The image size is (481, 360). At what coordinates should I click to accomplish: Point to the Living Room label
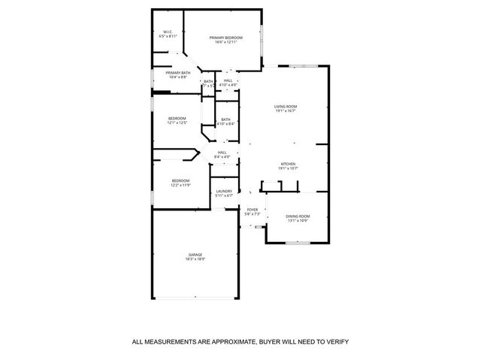point(286,107)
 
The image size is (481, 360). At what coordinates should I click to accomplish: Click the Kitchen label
point(288,164)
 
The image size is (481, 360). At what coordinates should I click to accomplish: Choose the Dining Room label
point(298,216)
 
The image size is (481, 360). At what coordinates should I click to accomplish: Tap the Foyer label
point(253,210)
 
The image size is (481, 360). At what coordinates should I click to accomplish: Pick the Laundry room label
point(224,191)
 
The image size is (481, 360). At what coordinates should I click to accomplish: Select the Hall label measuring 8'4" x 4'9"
point(222,153)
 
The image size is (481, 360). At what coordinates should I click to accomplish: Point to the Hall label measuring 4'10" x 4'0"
point(228,80)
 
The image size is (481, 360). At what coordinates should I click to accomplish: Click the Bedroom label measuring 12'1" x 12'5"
point(177,118)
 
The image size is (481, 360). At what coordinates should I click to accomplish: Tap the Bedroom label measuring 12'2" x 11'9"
point(180,180)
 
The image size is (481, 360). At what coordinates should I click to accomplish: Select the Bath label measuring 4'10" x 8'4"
point(225,119)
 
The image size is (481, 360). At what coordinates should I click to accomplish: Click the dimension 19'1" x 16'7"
point(286,111)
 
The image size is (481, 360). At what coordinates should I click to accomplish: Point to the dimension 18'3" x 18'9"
point(195,260)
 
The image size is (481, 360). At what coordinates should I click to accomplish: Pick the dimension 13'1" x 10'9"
point(298,221)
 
